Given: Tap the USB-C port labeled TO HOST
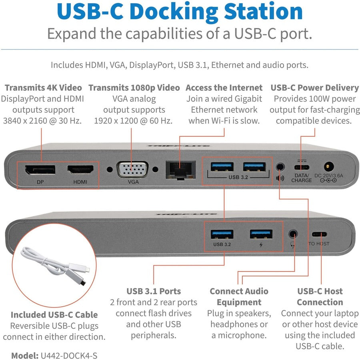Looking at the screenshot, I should pos(319,234).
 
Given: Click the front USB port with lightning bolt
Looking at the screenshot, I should pos(261,234).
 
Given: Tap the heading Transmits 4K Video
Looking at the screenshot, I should pos(43,88).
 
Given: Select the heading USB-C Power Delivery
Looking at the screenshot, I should pos(314,88).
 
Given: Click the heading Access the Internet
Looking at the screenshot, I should pos(224,88).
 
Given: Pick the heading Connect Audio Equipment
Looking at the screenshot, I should pos(239,296).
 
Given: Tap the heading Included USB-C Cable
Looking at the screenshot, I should pos(54,315).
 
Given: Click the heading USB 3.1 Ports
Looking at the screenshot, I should pos(154,291).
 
